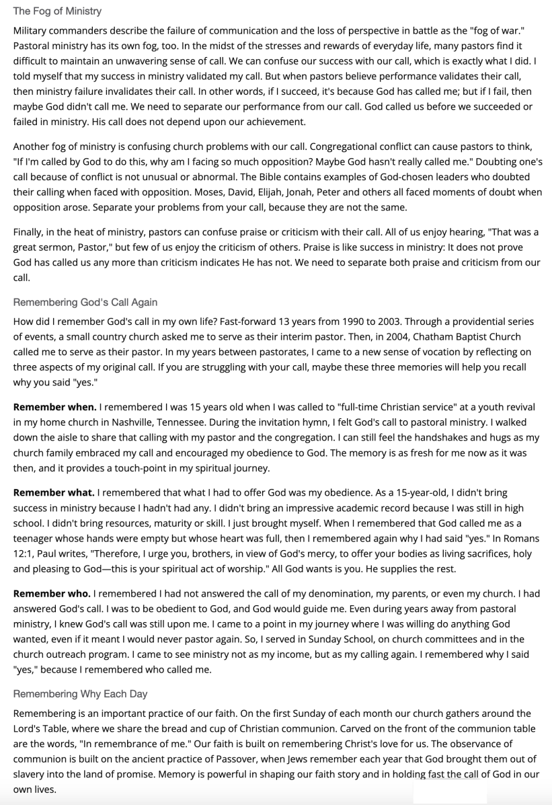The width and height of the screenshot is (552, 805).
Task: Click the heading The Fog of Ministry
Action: click(57, 11)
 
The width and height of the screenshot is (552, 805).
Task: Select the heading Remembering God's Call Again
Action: click(85, 302)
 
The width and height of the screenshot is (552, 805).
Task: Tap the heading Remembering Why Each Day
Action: click(80, 693)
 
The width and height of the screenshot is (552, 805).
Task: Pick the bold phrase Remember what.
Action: click(54, 493)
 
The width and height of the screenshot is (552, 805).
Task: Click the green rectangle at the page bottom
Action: click(449, 792)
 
